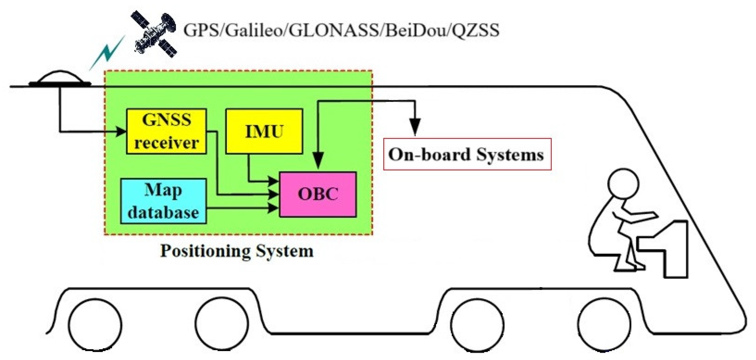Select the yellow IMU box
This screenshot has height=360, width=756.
pyautogui.click(x=264, y=131)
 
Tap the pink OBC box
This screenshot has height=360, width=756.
pyautogui.click(x=318, y=194)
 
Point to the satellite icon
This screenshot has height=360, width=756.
pyautogui.click(x=154, y=34)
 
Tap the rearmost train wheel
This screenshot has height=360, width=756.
pyautogui.click(x=95, y=325)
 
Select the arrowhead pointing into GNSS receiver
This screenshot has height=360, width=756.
pyautogui.click(x=121, y=131)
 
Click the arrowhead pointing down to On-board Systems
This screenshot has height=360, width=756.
pyautogui.click(x=415, y=126)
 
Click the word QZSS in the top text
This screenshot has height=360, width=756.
pyautogui.click(x=475, y=30)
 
